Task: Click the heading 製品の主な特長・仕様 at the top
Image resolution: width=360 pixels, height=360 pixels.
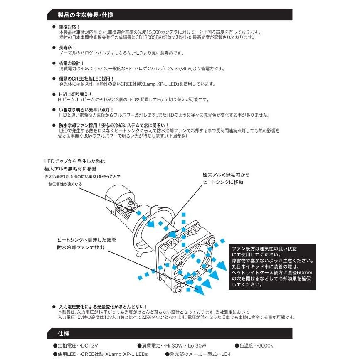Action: (x=86, y=15)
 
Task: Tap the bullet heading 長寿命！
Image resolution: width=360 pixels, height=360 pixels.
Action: (x=67, y=48)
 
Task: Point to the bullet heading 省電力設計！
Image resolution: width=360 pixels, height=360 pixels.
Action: (x=69, y=63)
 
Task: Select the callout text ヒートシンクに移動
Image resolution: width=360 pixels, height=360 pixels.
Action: (x=222, y=182)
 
